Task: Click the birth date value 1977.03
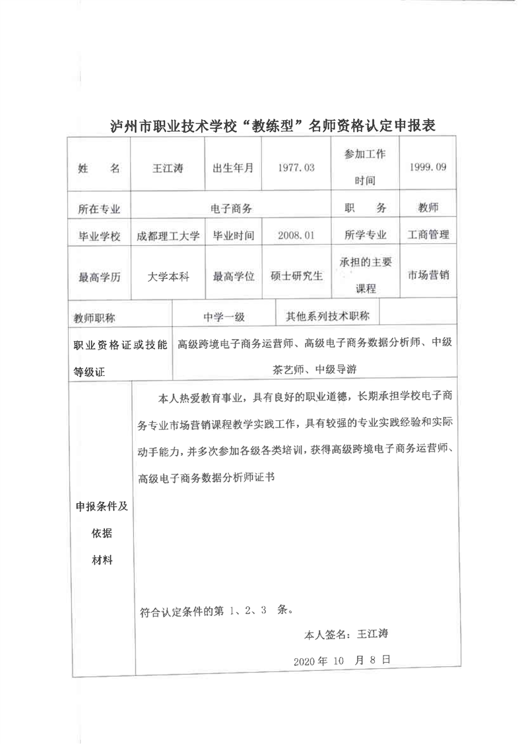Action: click(296, 168)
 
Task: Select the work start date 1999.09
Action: click(428, 168)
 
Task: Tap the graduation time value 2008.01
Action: click(296, 235)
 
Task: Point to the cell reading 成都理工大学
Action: click(168, 235)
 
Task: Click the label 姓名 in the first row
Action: click(99, 168)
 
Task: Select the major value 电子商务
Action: click(231, 208)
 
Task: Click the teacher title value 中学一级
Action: click(224, 317)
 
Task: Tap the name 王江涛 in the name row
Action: click(168, 168)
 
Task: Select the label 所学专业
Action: click(365, 235)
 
